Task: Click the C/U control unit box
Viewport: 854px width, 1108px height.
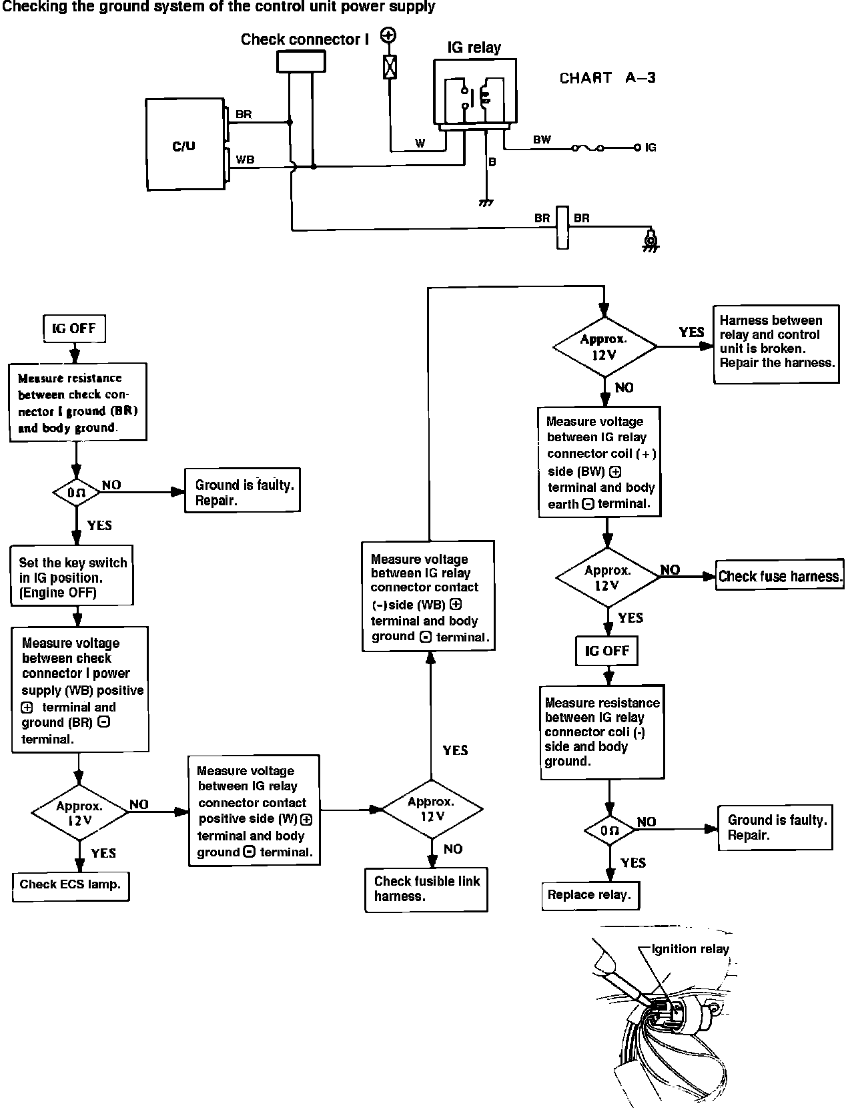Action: point(185,144)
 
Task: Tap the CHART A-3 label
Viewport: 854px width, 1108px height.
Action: point(607,78)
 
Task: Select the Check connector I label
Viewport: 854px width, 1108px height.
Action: point(305,39)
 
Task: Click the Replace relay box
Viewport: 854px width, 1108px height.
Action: point(590,895)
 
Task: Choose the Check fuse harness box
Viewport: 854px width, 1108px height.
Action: point(779,575)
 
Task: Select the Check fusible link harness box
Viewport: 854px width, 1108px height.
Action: point(426,889)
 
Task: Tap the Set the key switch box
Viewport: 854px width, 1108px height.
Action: point(72,575)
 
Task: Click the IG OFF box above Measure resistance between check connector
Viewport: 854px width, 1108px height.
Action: point(75,328)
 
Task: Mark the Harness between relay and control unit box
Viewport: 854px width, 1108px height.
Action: point(776,344)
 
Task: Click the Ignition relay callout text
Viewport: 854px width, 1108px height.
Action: point(691,949)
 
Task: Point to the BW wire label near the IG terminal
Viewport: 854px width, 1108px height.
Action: point(542,140)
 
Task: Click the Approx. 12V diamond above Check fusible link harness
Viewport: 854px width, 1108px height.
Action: point(432,809)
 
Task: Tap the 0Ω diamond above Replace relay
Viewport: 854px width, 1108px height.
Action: point(610,830)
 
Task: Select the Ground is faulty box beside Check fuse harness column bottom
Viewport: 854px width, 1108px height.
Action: point(775,828)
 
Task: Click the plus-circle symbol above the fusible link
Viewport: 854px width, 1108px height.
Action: point(388,35)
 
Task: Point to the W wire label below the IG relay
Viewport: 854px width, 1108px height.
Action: point(420,144)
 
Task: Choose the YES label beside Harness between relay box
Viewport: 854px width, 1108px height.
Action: point(691,332)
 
